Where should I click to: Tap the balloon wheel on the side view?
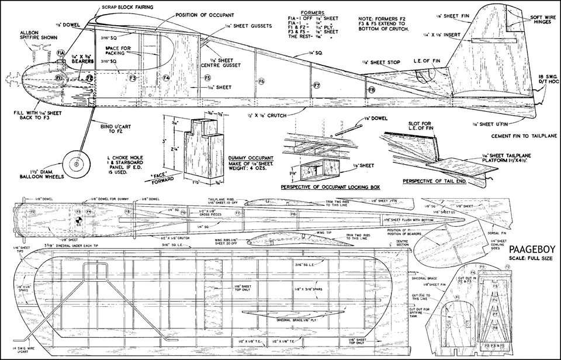tap(77, 165)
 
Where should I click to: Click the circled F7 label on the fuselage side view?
tap(316, 85)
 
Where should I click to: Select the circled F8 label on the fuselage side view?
tap(371, 90)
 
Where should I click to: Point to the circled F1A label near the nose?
tap(61, 53)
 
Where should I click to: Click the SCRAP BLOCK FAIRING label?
tap(128, 6)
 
